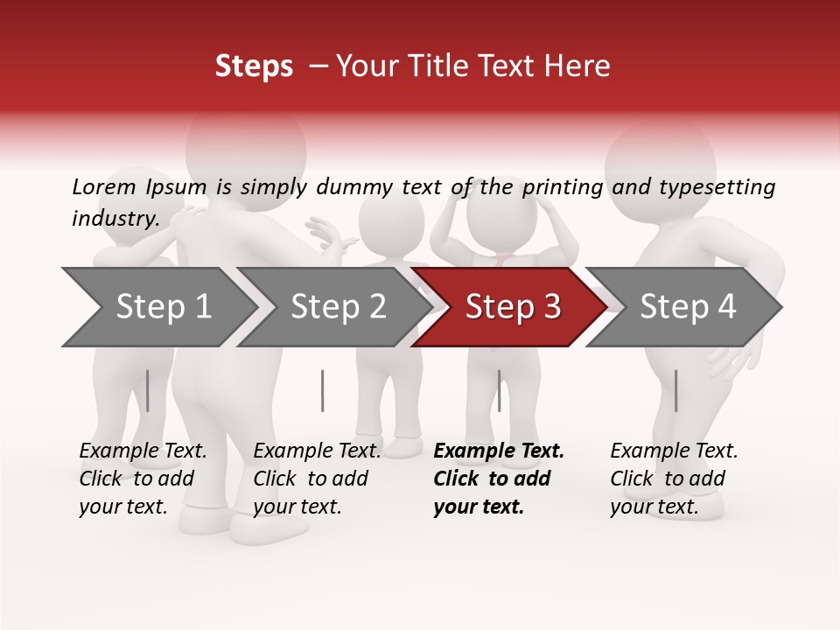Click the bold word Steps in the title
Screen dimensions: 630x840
click(x=254, y=66)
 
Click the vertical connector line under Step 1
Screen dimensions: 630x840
click(x=148, y=390)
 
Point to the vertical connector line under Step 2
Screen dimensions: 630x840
click(x=323, y=390)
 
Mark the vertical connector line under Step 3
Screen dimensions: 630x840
click(x=499, y=390)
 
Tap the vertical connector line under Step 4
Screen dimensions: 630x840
click(x=675, y=390)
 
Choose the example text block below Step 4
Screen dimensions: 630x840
click(x=674, y=479)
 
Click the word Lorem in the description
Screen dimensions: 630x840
click(x=103, y=186)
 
